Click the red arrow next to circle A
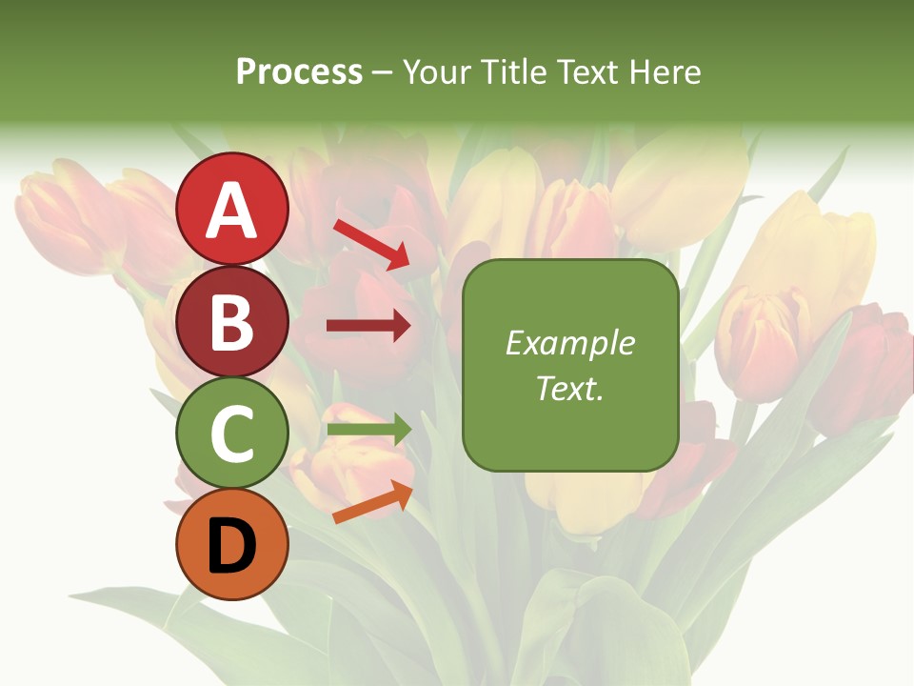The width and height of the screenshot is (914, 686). (371, 244)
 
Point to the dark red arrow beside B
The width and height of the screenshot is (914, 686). (368, 327)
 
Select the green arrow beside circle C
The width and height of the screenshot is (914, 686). (368, 430)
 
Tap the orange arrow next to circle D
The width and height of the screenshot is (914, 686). (372, 502)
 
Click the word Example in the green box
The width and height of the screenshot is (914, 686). (570, 343)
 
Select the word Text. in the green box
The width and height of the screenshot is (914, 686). (570, 389)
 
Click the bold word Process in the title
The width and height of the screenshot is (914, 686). (299, 71)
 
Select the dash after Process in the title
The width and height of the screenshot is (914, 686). (383, 72)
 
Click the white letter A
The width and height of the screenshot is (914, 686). (232, 211)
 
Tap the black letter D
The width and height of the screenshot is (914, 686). (232, 548)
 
